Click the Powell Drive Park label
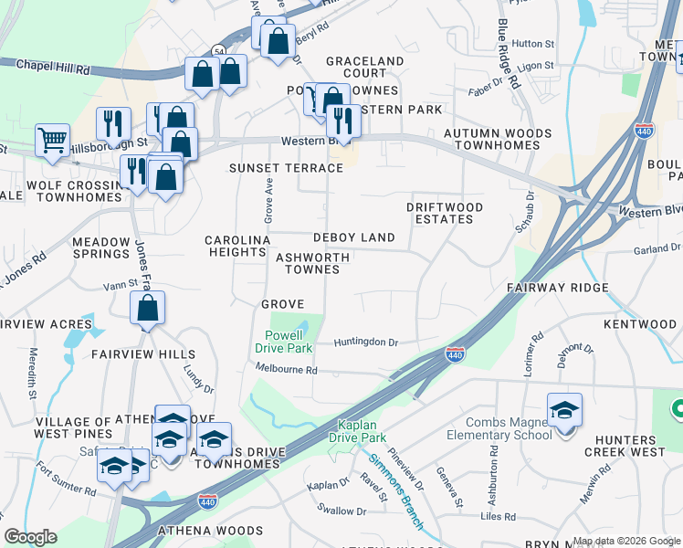[x=289, y=342]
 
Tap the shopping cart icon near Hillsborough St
[x=53, y=142]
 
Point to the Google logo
[x=30, y=537]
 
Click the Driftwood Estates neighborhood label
[x=445, y=214]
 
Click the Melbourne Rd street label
[x=286, y=370]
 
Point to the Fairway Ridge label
[x=558, y=288]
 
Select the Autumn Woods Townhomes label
[x=497, y=140]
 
